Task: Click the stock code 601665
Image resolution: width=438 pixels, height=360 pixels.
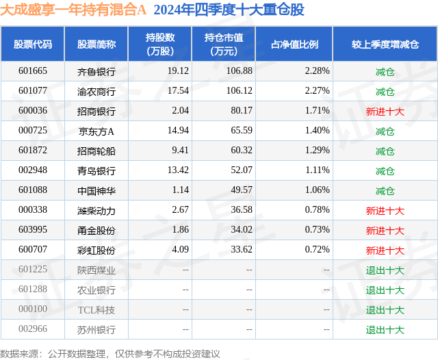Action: (x=33, y=71)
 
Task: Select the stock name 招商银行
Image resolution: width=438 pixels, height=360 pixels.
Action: (x=96, y=111)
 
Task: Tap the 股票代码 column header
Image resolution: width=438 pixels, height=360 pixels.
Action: (x=33, y=44)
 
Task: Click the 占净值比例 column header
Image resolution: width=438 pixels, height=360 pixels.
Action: (x=294, y=44)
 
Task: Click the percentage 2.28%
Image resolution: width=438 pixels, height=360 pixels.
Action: (x=317, y=71)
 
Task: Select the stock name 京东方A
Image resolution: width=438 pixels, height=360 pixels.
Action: (x=96, y=131)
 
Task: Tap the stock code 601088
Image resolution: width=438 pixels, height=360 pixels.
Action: (x=33, y=190)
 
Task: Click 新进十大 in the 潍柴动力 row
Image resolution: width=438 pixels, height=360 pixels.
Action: (x=385, y=210)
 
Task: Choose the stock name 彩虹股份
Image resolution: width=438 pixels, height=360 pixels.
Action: (x=96, y=250)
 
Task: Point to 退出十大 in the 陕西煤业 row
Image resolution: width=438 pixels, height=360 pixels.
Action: (x=385, y=270)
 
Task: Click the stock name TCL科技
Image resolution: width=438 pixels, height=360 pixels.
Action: (x=96, y=309)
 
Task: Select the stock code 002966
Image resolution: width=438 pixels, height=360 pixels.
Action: (x=33, y=329)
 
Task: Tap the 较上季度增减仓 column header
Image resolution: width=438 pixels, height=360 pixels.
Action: (x=385, y=44)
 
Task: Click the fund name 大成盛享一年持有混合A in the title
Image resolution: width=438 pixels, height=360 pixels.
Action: (x=74, y=10)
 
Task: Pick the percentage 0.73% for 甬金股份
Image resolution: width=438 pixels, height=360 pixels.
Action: (x=317, y=230)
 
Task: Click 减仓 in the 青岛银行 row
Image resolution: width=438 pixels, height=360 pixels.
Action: (x=385, y=170)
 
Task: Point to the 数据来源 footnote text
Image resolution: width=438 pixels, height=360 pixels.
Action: (x=110, y=353)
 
